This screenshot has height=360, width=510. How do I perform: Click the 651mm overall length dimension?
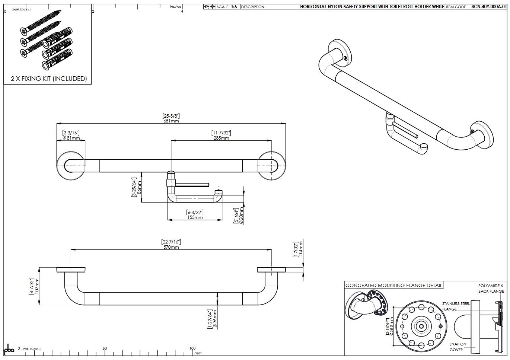click(171, 121)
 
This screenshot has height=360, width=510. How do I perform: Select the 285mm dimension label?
click(221, 138)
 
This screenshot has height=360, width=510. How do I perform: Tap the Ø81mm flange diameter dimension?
click(71, 138)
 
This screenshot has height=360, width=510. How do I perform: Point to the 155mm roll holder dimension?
click(195, 217)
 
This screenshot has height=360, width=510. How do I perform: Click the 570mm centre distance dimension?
click(171, 247)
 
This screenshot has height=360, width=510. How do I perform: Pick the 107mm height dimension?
click(36, 286)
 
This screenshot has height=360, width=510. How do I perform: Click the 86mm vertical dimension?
click(139, 188)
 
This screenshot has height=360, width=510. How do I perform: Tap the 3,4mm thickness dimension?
click(301, 249)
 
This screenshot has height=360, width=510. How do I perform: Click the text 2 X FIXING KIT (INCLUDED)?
click(49, 79)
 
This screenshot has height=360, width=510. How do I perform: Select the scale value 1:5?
click(234, 7)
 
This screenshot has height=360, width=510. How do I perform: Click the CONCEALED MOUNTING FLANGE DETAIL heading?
click(394, 286)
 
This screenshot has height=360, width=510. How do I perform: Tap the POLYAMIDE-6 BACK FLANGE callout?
click(491, 289)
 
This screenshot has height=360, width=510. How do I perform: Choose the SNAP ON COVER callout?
click(457, 347)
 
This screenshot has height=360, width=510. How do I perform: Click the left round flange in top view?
click(71, 166)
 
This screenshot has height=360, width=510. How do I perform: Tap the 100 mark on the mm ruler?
click(192, 348)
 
